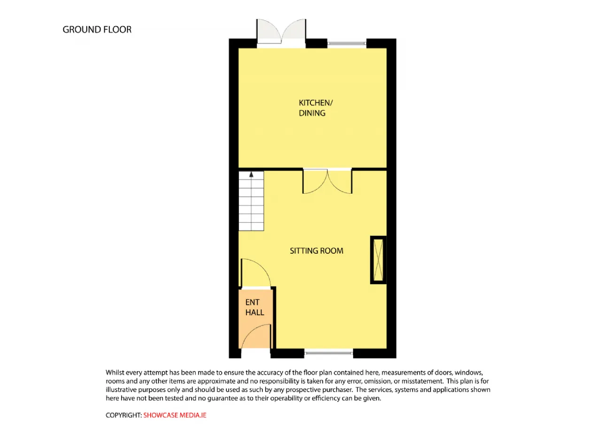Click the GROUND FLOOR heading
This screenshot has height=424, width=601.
(97, 30)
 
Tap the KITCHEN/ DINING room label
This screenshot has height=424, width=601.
(312, 108)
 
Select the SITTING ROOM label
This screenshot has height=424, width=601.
(316, 251)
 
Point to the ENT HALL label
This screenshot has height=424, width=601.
(254, 308)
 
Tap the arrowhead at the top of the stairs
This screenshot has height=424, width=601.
(251, 174)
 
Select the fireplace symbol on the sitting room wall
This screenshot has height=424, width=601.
(378, 260)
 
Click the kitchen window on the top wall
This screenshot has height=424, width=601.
(347, 44)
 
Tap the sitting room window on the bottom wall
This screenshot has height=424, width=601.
(329, 351)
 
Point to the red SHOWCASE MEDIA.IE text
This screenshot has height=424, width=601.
(175, 415)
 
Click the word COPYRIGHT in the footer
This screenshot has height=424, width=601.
(123, 415)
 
